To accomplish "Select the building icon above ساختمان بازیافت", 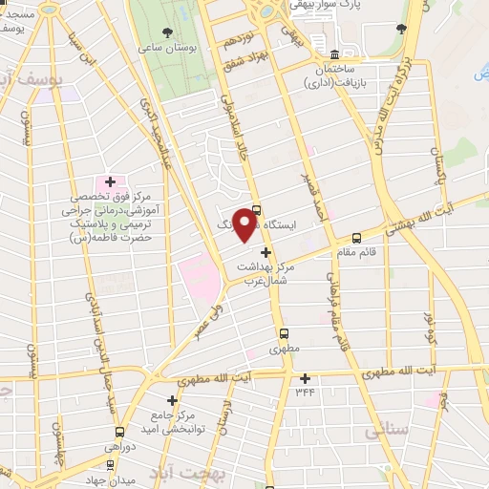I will tap(333, 53).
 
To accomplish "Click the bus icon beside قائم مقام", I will tap(357, 238).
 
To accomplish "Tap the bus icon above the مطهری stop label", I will tap(284, 333).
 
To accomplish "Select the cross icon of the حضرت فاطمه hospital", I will tap(110, 181).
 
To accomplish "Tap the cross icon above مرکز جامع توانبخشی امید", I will tap(173, 400).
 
